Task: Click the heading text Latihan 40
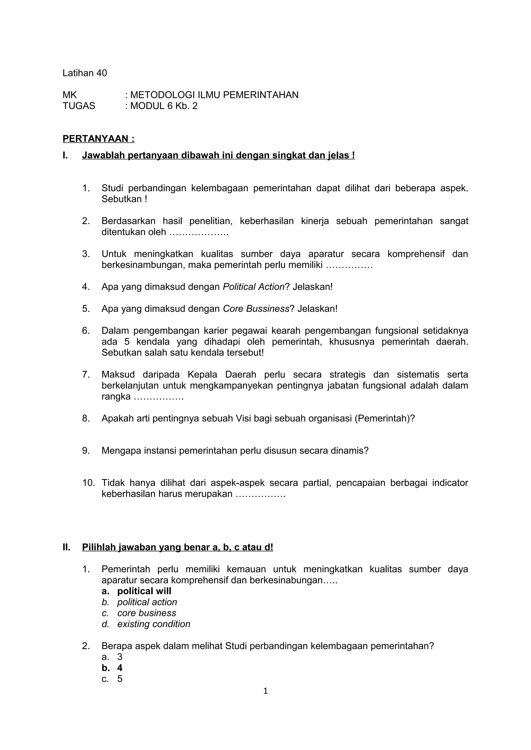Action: click(x=85, y=73)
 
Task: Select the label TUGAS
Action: click(x=79, y=106)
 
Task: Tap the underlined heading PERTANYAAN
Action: click(x=98, y=139)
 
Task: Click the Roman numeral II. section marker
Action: click(x=66, y=547)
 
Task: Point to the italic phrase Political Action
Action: click(x=253, y=287)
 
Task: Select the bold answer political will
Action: click(x=144, y=591)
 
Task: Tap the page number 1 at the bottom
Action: click(x=265, y=691)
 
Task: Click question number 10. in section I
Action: click(x=88, y=483)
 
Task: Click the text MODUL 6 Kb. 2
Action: click(x=164, y=106)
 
